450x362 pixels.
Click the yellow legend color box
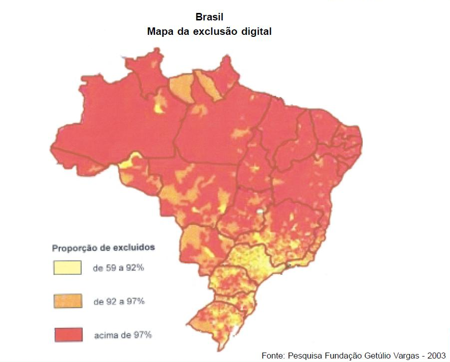(67, 267)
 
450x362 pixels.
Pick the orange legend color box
(67, 301)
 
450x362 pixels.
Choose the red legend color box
(67, 334)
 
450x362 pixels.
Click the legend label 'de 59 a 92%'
(119, 268)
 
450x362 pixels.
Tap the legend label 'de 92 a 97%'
(119, 301)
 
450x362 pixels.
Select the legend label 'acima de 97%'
(123, 335)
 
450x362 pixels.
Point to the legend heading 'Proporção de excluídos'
(103, 247)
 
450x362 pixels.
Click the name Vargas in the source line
(408, 355)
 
